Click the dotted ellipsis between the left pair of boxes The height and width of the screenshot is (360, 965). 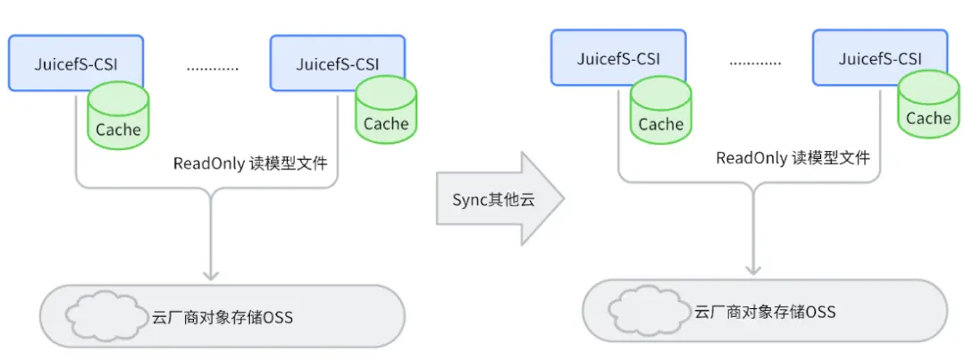coord(213,67)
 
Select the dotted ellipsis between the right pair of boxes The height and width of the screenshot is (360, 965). coord(755,62)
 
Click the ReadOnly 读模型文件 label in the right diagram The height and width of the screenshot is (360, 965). coord(793,158)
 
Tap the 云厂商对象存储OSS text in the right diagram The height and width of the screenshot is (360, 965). coord(764,312)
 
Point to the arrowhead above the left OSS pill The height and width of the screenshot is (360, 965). coord(208,272)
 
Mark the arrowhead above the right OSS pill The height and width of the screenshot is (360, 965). coord(753,267)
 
